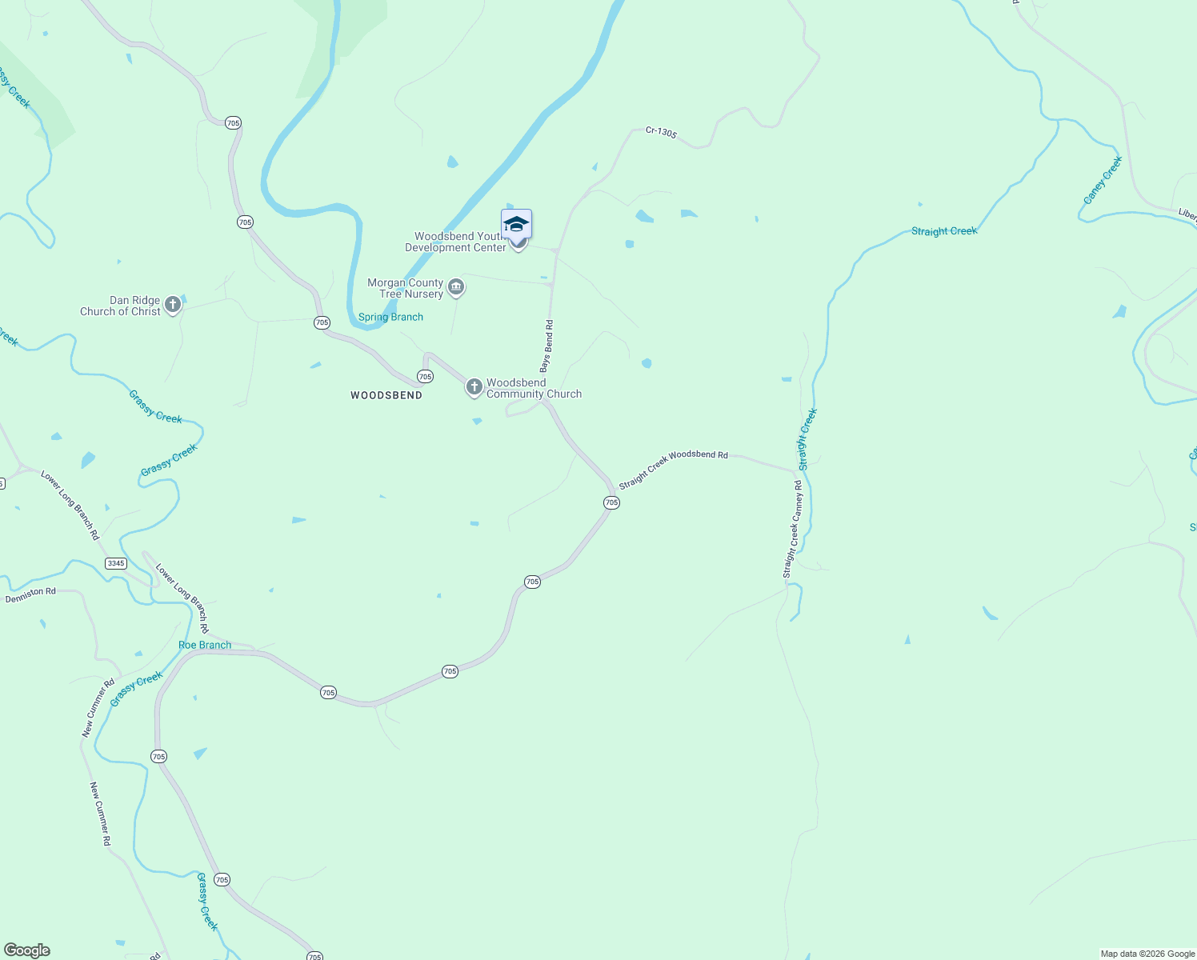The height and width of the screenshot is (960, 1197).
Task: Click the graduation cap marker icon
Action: pos(516,224)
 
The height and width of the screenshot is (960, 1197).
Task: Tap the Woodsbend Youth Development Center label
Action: pos(456,242)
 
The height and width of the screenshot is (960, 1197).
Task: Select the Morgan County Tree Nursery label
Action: pos(406,288)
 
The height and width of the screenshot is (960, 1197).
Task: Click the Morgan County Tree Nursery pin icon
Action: pos(456,287)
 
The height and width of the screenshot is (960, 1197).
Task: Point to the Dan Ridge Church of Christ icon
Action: pos(172,304)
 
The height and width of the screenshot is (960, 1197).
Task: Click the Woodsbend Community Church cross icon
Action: pos(474,387)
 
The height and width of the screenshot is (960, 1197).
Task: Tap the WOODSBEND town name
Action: pos(386,395)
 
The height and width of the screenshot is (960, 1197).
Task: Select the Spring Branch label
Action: pos(390,318)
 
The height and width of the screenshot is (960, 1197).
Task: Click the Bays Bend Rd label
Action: pos(546,346)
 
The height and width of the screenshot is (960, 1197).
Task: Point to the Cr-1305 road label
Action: pos(662,132)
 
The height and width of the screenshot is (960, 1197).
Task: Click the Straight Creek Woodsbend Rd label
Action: pos(673,468)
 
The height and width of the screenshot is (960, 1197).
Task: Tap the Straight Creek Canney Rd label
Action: pos(792,529)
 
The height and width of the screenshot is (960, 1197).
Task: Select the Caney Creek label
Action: pos(1103,180)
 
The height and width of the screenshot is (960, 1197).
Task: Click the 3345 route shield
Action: pos(116,563)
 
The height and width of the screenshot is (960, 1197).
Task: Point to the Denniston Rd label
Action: pos(30,595)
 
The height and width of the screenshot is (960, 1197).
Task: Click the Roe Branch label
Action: pos(205,645)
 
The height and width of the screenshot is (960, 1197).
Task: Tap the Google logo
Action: pos(27,950)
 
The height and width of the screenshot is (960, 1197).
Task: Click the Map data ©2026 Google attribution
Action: pos(1147,954)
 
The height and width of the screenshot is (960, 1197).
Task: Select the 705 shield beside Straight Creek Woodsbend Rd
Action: pos(611,502)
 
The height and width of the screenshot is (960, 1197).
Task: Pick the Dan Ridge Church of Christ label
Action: pos(120,306)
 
